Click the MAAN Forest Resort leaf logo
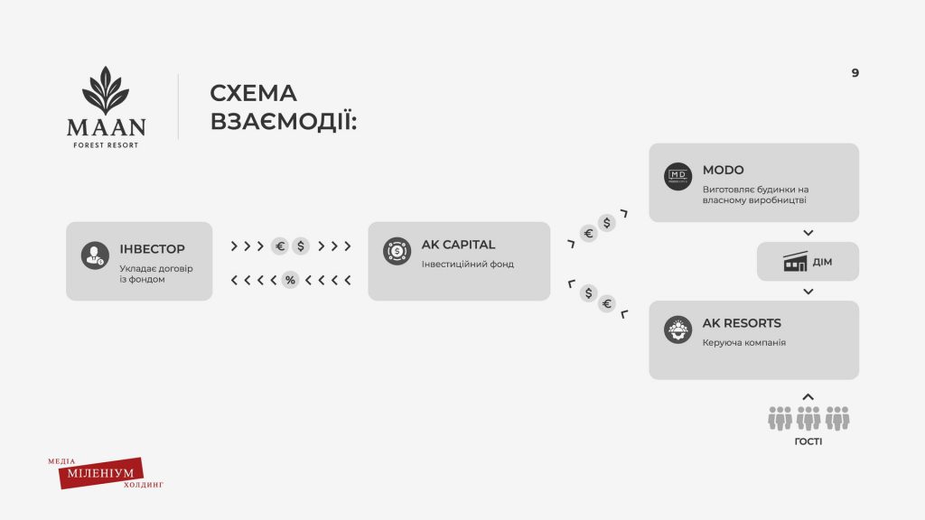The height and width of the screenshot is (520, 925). click(106, 90)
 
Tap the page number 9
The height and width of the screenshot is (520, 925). click(855, 72)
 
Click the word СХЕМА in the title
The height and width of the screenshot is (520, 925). click(253, 93)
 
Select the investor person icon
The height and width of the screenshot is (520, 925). click(95, 255)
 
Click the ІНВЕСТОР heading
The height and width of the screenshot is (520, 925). click(152, 249)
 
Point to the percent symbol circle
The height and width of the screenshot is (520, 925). click(290, 280)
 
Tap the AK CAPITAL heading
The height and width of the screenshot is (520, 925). click(458, 244)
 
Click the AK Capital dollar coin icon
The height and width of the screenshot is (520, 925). click(397, 251)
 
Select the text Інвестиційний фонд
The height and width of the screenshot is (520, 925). click(468, 265)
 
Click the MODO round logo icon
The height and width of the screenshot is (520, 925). click(677, 176)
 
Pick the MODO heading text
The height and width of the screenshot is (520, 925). click(724, 170)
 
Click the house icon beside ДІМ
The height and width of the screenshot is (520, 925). click(795, 261)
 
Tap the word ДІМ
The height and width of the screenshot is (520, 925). click(822, 262)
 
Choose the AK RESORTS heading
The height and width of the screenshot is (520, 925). click(742, 323)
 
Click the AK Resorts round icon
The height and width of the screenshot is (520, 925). click(677, 330)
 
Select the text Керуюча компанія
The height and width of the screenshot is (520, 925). click(744, 342)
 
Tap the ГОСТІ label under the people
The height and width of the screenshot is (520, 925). click(808, 441)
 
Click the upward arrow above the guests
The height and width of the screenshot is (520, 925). click(808, 397)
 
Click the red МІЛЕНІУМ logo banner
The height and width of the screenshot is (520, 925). click(101, 473)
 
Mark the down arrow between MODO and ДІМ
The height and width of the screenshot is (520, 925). click(808, 233)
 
